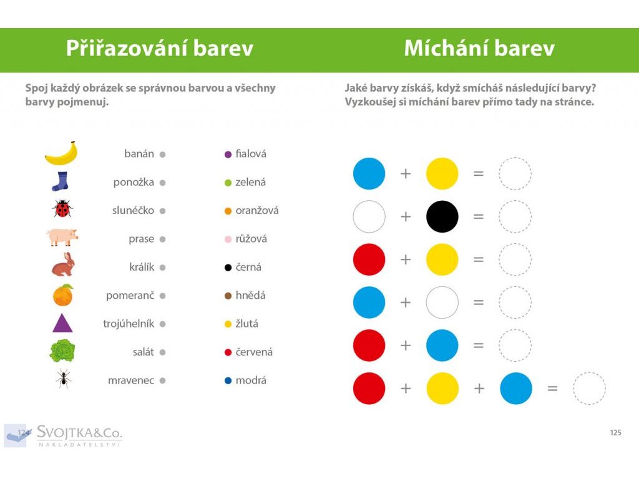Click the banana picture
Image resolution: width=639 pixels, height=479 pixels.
[x=61, y=153]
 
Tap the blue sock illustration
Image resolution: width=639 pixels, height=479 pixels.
[x=61, y=181]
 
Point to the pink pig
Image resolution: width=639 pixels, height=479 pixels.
[x=62, y=237]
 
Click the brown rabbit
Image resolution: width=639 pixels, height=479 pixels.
[x=64, y=264]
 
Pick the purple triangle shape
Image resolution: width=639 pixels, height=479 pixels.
[x=63, y=323]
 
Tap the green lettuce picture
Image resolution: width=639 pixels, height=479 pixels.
[x=62, y=351]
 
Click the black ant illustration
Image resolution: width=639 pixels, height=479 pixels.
[x=64, y=379]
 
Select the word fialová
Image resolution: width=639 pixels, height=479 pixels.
[x=251, y=154]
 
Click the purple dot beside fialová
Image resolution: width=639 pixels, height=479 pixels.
[x=228, y=155]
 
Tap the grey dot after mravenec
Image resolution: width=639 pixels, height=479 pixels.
[x=163, y=381]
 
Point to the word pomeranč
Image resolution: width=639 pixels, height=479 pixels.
[x=130, y=296]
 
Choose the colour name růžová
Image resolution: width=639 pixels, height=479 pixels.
[x=251, y=239]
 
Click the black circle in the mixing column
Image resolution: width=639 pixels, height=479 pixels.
[x=442, y=216]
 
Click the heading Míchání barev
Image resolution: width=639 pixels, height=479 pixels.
[x=479, y=48]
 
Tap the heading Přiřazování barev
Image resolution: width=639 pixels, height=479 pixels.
[x=160, y=48]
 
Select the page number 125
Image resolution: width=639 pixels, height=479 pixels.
[x=616, y=433]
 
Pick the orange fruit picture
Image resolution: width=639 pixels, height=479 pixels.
[x=63, y=295]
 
